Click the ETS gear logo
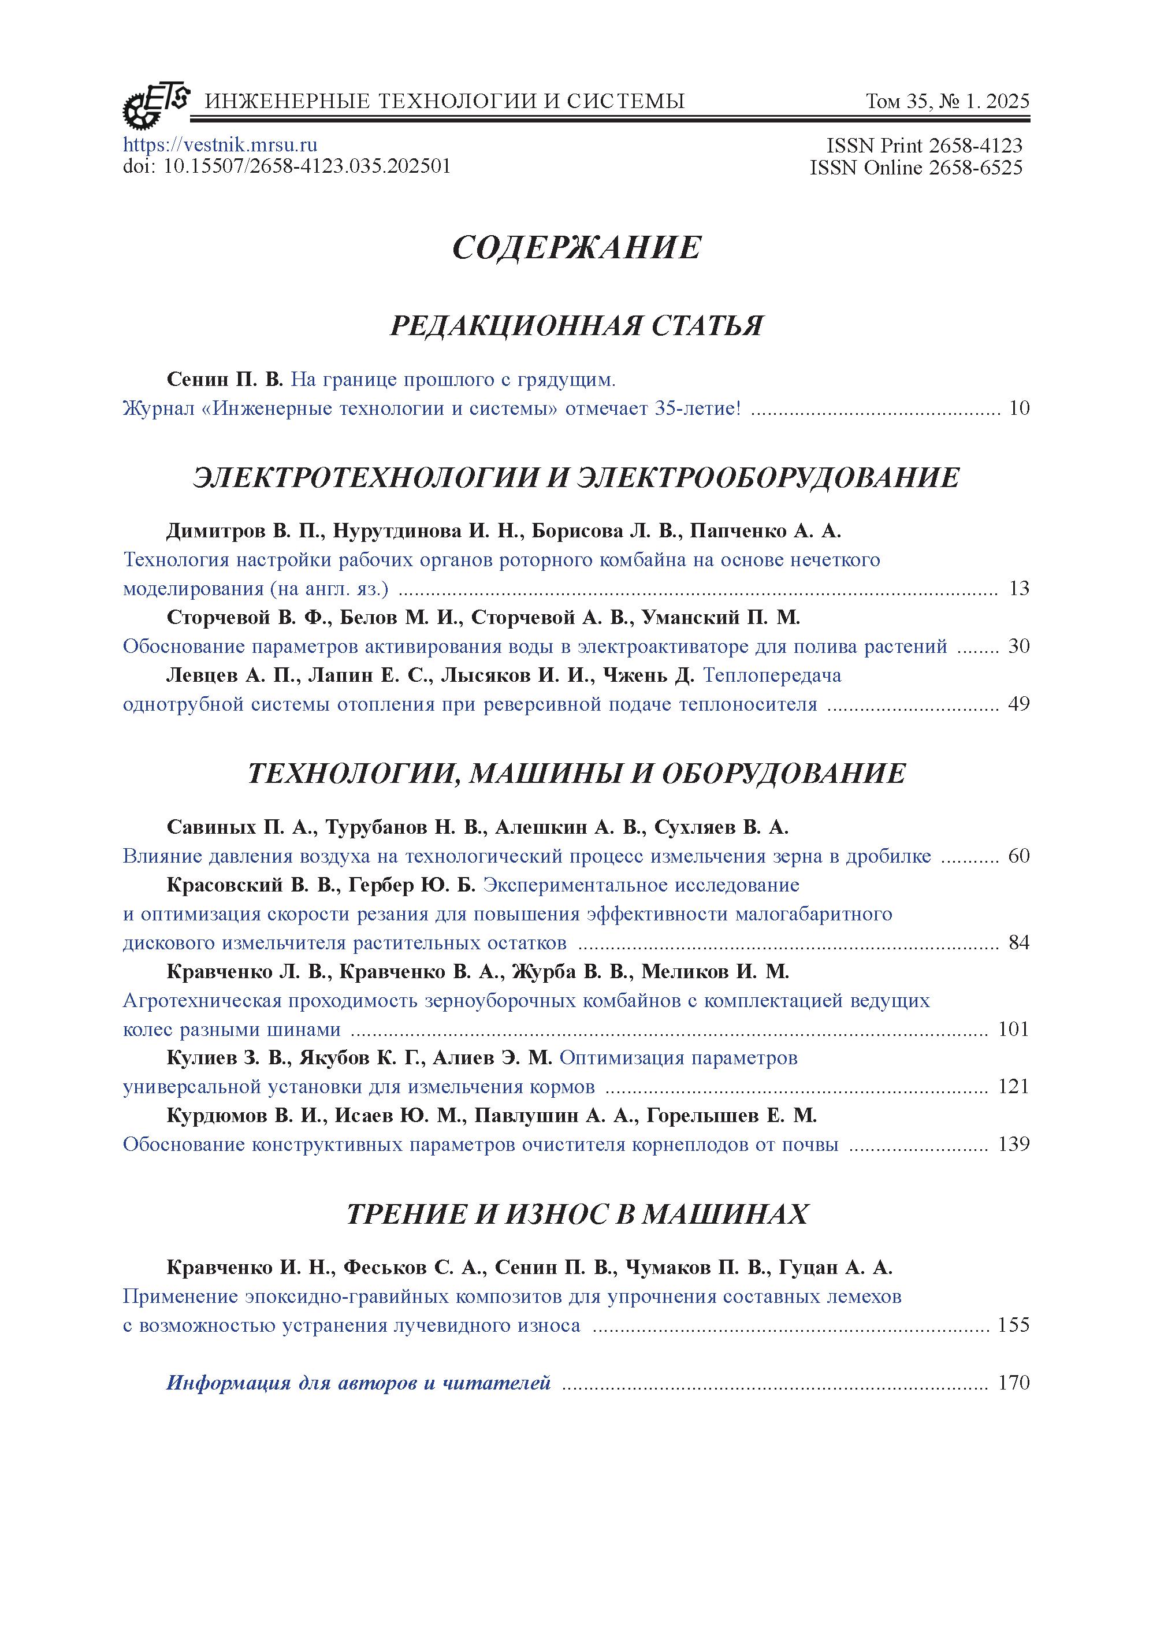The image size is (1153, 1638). (x=156, y=103)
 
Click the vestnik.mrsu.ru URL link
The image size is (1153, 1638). (x=220, y=145)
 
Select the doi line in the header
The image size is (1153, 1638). (x=286, y=166)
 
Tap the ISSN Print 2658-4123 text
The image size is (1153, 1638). (x=924, y=146)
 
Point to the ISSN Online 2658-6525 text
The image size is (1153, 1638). (x=916, y=168)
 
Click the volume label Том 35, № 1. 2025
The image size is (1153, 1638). (x=947, y=101)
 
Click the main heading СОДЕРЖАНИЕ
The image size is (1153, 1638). (x=577, y=247)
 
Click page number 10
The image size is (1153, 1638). (x=1019, y=409)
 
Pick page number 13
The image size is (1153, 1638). (x=1019, y=589)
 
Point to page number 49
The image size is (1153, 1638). (x=1019, y=704)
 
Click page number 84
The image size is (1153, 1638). (x=1019, y=942)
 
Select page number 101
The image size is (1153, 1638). (x=1013, y=1029)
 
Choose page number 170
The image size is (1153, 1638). (x=1013, y=1383)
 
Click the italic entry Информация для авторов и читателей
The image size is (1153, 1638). (x=358, y=1383)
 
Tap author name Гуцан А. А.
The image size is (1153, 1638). (x=835, y=1267)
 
